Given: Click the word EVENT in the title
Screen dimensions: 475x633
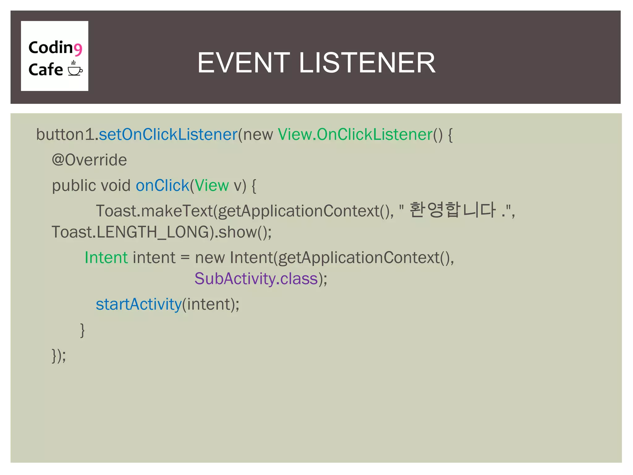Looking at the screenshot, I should (x=244, y=63).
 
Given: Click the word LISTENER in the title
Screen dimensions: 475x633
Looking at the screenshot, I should (x=367, y=63).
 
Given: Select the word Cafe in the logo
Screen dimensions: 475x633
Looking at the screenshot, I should (x=46, y=69).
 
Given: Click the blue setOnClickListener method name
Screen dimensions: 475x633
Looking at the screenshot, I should (x=168, y=135).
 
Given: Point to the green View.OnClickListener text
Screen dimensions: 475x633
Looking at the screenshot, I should (x=355, y=135).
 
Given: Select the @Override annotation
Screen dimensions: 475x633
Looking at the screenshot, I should (x=89, y=160).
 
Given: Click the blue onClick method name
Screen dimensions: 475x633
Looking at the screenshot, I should (x=162, y=186).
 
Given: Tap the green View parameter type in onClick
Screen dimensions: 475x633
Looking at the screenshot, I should (x=212, y=186).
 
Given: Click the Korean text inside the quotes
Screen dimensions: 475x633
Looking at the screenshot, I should (x=452, y=210).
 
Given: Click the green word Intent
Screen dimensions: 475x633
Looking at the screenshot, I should (x=106, y=258).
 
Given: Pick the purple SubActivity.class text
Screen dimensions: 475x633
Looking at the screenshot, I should (x=256, y=279).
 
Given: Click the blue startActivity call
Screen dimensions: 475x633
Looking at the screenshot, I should (x=138, y=304).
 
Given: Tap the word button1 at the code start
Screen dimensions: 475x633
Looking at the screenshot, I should (x=65, y=135).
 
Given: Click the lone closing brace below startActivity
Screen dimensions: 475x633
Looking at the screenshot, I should (x=82, y=330).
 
